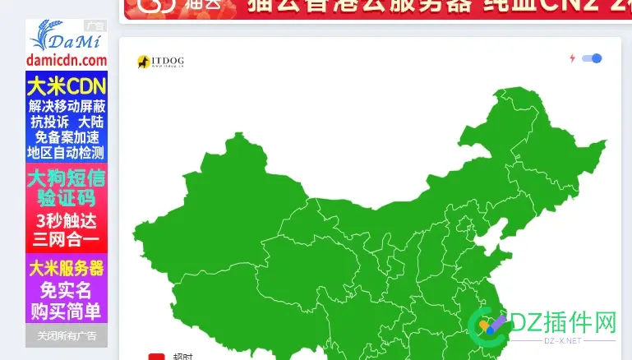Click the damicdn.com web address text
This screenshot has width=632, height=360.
pyautogui.click(x=67, y=60)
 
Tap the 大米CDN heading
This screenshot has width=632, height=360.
pyautogui.click(x=67, y=86)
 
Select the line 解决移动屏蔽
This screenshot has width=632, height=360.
pyautogui.click(x=67, y=106)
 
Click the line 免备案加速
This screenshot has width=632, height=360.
pyautogui.click(x=67, y=137)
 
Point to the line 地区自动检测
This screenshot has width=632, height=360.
pyautogui.click(x=67, y=153)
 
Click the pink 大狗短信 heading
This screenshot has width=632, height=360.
pyautogui.click(x=67, y=178)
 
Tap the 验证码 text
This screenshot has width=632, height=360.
pyautogui.click(x=67, y=198)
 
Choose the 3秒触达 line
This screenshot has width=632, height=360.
pyautogui.click(x=67, y=220)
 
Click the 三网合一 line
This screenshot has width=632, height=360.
pyautogui.click(x=67, y=240)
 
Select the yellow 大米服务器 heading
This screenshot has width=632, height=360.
pyautogui.click(x=67, y=268)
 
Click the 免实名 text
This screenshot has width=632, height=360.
pyautogui.click(x=67, y=290)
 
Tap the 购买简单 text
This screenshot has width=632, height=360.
pyautogui.click(x=67, y=311)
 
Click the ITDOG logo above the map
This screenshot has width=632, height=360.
pyautogui.click(x=159, y=62)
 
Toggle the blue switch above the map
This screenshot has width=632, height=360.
pyautogui.click(x=592, y=58)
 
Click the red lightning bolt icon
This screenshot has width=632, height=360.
pyautogui.click(x=572, y=58)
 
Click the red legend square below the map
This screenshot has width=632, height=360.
pyautogui.click(x=156, y=357)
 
